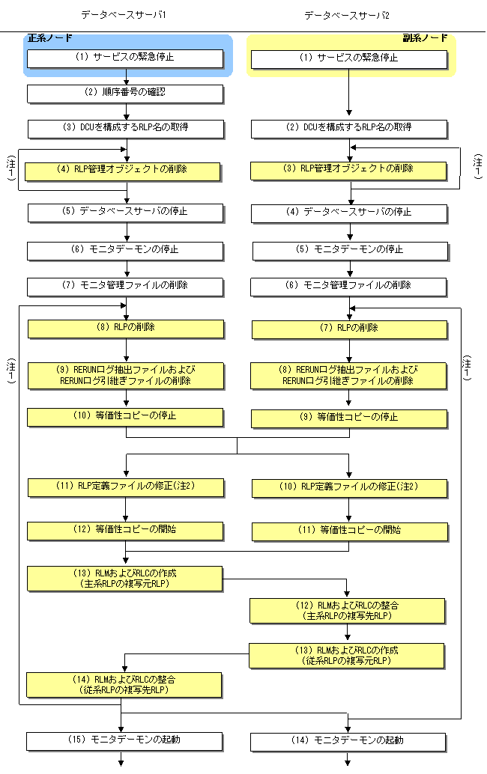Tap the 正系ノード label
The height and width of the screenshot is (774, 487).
tap(52, 37)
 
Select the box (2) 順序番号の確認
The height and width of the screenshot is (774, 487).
tap(125, 93)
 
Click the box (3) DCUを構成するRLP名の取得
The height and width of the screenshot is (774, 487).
tap(125, 128)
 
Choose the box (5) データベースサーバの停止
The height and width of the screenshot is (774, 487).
tap(125, 212)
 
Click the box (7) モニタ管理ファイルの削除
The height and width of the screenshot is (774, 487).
tap(125, 286)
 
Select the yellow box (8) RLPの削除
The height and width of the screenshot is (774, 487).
tap(126, 328)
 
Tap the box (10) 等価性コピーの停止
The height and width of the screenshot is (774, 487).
tap(126, 416)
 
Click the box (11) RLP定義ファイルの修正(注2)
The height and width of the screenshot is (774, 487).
tap(126, 487)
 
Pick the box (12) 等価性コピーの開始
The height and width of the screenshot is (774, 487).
tap(126, 530)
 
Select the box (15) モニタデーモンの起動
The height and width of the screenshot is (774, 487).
tap(125, 740)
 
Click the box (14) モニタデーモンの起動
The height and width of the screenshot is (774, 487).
tap(348, 740)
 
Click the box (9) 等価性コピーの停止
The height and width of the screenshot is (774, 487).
tap(348, 418)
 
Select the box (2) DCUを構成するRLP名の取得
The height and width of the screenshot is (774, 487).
tap(348, 128)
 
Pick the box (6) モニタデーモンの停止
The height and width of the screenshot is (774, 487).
tap(125, 249)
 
